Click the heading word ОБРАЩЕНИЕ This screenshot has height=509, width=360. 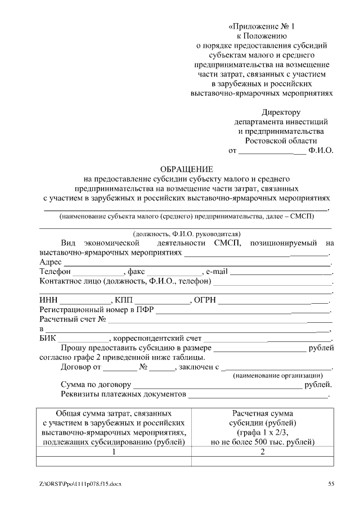[x=187, y=169]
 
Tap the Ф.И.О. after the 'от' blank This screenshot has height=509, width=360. [x=321, y=151]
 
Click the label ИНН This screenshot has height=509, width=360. [x=48, y=300]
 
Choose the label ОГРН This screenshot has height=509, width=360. [x=205, y=300]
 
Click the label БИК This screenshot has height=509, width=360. [x=48, y=339]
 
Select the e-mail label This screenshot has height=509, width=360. [x=217, y=272]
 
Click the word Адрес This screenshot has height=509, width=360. [x=51, y=262]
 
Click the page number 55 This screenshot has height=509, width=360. [x=331, y=484]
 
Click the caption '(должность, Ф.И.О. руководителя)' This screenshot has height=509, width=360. [x=187, y=233]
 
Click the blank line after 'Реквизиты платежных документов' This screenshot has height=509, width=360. [x=258, y=396]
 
